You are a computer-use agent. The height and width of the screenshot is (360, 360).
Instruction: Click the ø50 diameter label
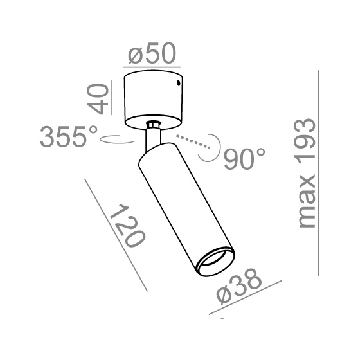[x=152, y=53]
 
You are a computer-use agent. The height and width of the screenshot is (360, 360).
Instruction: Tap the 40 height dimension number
[x=98, y=99]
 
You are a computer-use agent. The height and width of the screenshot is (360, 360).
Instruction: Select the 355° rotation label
[x=69, y=136]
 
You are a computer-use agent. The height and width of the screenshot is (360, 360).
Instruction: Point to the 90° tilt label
[x=244, y=159]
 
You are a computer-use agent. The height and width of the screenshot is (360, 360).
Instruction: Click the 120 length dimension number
[x=128, y=226]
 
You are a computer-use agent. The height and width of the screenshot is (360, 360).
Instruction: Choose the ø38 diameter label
[x=239, y=286]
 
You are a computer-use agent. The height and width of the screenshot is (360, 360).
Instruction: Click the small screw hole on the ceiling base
[x=178, y=83]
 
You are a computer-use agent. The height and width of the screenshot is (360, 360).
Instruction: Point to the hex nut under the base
[x=154, y=125]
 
